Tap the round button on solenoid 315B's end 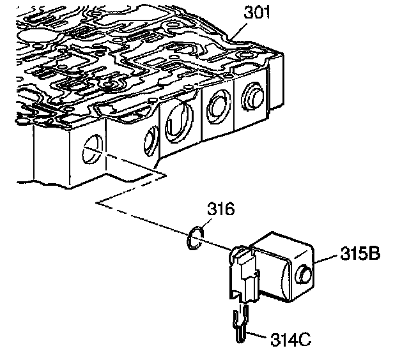[x=306, y=275]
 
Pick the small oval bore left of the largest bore [x=151, y=137]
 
